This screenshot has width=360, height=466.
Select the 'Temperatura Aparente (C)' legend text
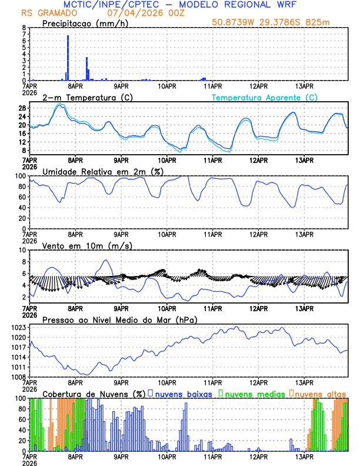pos(265,98)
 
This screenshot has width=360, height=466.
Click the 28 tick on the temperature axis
pos(22,108)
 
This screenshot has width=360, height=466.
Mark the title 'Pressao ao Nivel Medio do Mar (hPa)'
pos(119,319)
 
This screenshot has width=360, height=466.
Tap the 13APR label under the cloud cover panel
pos(304,455)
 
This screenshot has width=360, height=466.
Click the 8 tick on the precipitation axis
pos(24,28)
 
